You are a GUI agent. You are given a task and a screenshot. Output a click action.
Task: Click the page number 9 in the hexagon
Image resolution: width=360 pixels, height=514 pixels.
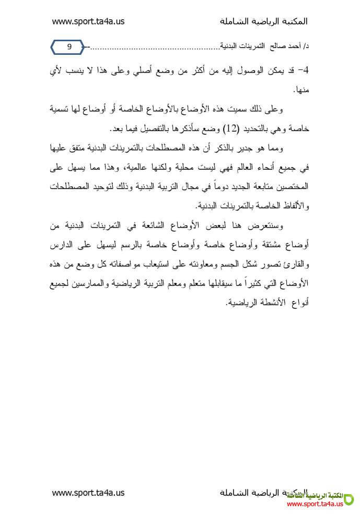[x=69, y=47]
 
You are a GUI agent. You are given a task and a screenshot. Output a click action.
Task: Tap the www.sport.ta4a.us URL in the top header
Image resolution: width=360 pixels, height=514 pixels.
[x=88, y=21]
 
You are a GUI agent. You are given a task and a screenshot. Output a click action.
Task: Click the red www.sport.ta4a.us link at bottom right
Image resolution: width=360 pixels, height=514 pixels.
[x=315, y=504]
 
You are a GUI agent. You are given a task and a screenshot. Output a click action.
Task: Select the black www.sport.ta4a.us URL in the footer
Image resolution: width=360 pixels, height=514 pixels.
[x=88, y=492]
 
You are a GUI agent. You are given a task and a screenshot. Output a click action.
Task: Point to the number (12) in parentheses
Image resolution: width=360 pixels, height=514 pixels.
[x=231, y=128]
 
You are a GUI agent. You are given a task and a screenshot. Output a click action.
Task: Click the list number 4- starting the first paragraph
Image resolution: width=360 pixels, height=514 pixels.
[x=303, y=69]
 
